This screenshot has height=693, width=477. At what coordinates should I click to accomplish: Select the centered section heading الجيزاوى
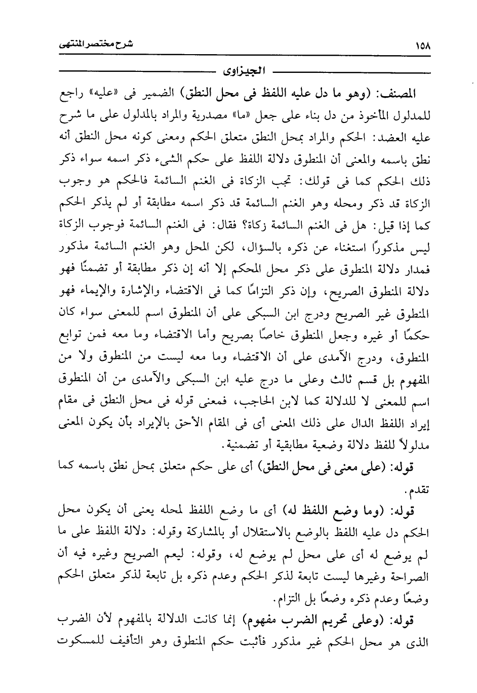[x=241, y=69]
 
